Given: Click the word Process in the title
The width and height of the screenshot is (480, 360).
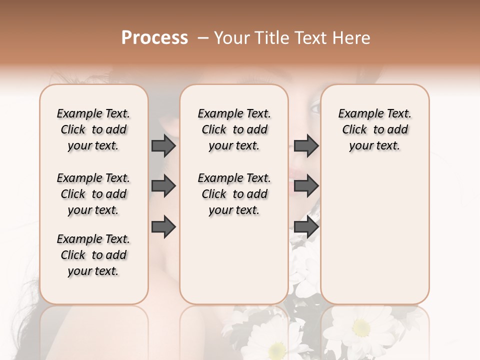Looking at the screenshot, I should (x=154, y=37).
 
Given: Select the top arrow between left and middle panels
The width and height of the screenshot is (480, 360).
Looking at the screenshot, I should (x=163, y=145).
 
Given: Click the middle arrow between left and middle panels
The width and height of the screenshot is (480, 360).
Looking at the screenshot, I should (x=163, y=186).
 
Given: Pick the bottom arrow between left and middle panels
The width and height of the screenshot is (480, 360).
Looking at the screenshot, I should (x=163, y=226).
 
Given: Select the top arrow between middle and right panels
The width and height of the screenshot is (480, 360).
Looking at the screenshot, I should (x=306, y=145).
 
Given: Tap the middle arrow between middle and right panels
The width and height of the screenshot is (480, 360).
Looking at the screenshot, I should (x=306, y=186).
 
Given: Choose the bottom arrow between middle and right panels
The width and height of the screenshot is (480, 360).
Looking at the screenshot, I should (x=306, y=226).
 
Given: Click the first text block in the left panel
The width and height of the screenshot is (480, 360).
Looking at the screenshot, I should (x=93, y=129).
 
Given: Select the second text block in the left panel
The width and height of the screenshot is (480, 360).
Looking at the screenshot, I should (x=93, y=194).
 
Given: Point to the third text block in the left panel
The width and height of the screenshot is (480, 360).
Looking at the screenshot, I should (x=93, y=255).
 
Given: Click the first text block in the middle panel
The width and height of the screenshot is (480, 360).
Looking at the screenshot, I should (x=234, y=129).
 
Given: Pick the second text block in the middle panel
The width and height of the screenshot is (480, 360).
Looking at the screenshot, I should (x=234, y=194).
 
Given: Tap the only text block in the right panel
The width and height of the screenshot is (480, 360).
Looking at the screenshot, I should (x=374, y=129).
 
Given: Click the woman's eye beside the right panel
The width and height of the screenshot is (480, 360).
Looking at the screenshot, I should (x=314, y=106).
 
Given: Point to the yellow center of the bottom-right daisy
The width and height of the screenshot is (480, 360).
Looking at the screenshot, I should (x=361, y=327).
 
